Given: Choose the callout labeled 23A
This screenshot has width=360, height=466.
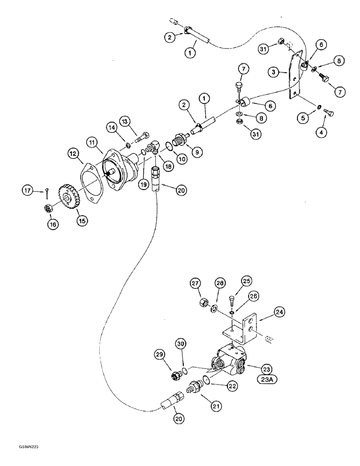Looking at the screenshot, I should pos(266,380).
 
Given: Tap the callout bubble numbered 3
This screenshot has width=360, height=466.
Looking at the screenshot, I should pos(273,73).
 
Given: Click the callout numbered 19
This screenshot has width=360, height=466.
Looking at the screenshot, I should pos(143,184).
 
